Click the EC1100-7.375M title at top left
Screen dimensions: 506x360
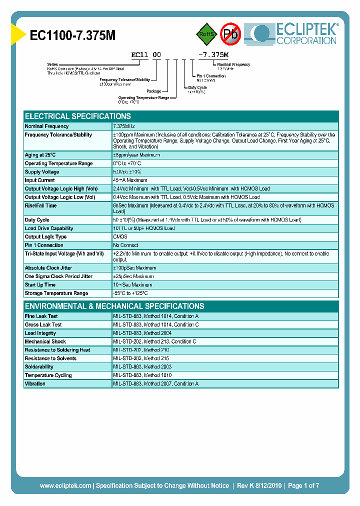pos(73,35)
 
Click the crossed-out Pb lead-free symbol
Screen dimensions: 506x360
pos(231,34)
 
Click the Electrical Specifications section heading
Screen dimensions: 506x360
pos(77,116)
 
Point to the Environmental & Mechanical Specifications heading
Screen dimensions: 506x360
pos(114,306)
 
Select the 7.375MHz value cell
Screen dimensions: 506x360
pos(127,126)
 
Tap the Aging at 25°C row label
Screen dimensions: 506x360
pos(40,155)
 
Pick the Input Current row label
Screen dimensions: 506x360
pos(39,180)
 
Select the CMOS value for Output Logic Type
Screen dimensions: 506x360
pos(120,237)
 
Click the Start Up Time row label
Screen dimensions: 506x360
pos(40,285)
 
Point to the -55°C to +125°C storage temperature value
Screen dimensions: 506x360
pos(130,293)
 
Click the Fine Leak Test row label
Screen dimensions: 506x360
pos(41,316)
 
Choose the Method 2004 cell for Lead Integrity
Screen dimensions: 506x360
pos(143,333)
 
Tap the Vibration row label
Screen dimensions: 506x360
pos(35,383)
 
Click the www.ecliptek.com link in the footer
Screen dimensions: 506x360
pos(65,485)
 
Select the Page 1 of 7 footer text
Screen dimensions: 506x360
pos(303,485)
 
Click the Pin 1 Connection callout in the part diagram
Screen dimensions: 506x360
pos(210,76)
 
